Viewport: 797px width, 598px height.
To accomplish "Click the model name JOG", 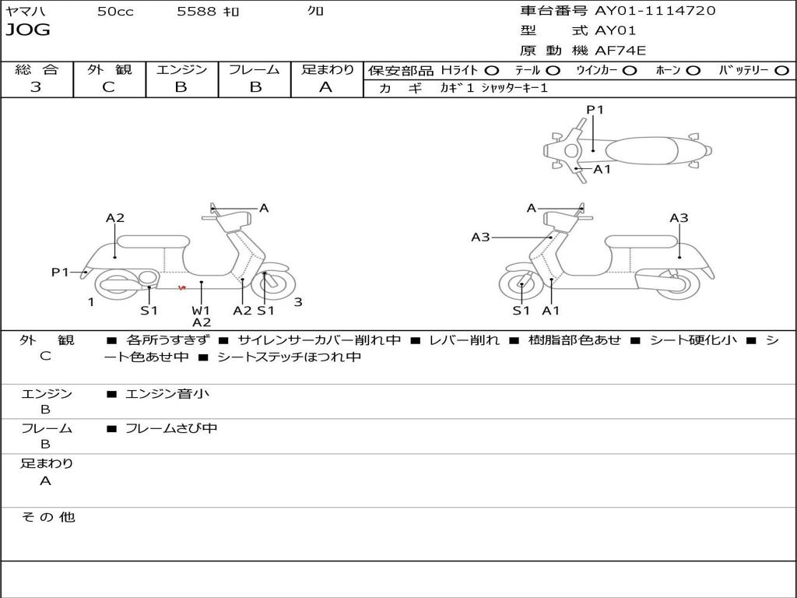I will click(x=28, y=30).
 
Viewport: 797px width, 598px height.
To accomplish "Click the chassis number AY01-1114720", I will click(x=655, y=11).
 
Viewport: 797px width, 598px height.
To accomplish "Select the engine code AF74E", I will click(x=620, y=51).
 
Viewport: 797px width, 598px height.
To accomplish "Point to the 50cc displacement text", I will click(x=115, y=12).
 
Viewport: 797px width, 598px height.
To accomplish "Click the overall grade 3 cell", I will click(x=36, y=87).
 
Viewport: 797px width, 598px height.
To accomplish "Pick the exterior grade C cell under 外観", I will click(x=109, y=87).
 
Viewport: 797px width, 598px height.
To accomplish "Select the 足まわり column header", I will click(x=327, y=69).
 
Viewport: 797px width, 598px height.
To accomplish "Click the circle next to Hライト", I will click(x=492, y=70).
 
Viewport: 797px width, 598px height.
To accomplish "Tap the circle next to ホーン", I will click(x=693, y=70).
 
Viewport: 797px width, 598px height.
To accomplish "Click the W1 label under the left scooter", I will click(x=201, y=310).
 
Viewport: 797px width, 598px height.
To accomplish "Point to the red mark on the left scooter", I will click(x=182, y=288).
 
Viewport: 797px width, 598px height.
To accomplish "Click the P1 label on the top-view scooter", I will click(x=595, y=110).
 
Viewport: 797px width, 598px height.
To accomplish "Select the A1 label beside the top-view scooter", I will click(x=602, y=169).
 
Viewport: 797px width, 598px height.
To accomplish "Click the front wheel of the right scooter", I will click(x=521, y=286).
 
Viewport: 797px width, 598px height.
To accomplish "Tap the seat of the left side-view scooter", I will click(x=153, y=241).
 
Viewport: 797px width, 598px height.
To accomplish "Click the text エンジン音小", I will click(x=167, y=394).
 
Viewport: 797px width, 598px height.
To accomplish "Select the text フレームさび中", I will click(x=171, y=428).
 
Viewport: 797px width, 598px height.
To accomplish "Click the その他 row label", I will click(x=47, y=517).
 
